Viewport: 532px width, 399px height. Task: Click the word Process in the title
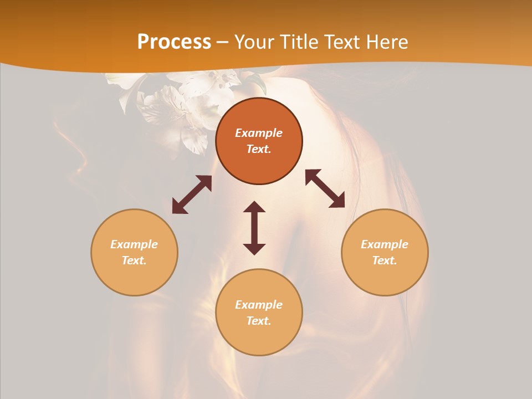pyautogui.click(x=174, y=42)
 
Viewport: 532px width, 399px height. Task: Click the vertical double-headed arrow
pyautogui.click(x=254, y=228)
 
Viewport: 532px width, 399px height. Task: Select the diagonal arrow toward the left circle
pyautogui.click(x=192, y=195)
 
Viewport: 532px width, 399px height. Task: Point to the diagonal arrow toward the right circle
pyautogui.click(x=325, y=188)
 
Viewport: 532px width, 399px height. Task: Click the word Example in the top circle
pyautogui.click(x=259, y=133)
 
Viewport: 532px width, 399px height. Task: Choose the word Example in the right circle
pyautogui.click(x=385, y=244)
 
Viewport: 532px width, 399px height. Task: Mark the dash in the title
pyautogui.click(x=222, y=43)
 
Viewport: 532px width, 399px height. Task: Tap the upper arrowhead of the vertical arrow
pyautogui.click(x=254, y=207)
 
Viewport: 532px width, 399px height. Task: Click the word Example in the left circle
pyautogui.click(x=134, y=244)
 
